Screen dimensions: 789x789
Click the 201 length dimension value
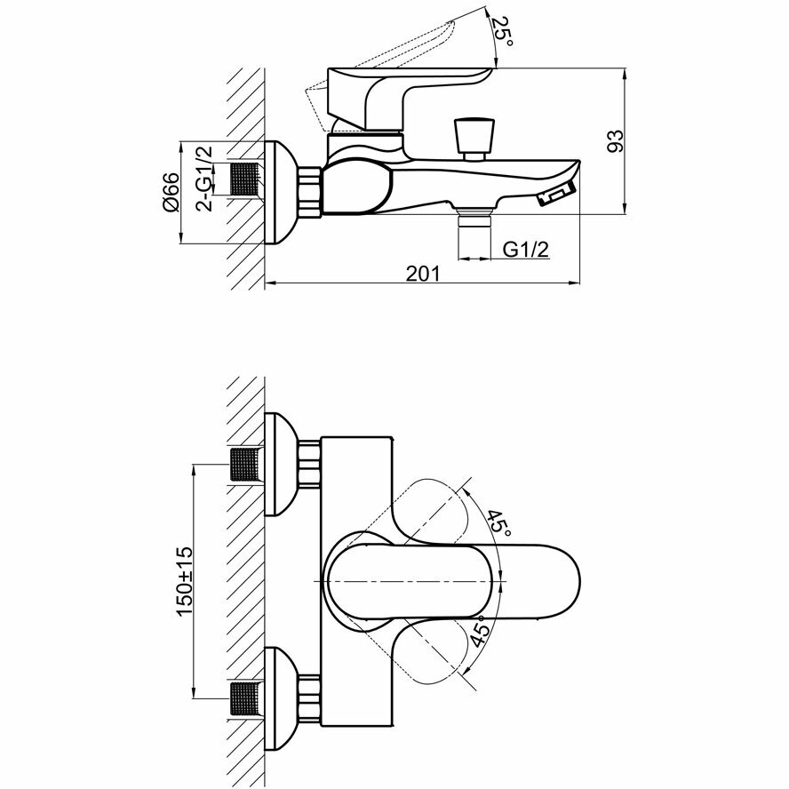click(x=423, y=274)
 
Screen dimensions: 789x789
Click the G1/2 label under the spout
click(x=525, y=250)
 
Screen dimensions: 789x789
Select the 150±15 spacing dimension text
click(x=184, y=578)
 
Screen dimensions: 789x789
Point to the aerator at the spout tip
click(x=557, y=194)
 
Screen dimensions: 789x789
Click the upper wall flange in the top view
click(x=282, y=464)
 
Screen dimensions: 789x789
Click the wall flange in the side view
click(x=283, y=192)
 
